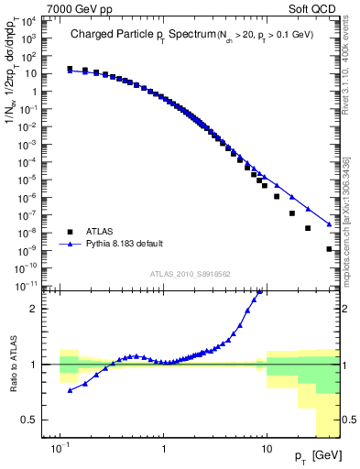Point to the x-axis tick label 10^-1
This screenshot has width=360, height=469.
pos(60,451)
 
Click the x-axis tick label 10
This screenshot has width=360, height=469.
pos(267,451)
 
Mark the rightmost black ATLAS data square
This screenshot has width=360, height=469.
pos(329,249)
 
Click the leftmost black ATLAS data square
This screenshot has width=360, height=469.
pos(70,69)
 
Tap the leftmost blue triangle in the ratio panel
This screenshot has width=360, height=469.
pos(70,391)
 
